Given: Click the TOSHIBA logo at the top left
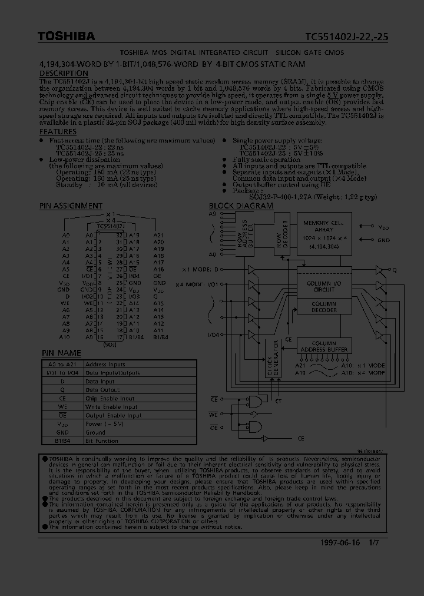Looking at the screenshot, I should [x=66, y=37].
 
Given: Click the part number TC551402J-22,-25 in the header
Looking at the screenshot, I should [x=347, y=37].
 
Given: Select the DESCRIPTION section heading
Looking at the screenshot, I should [x=64, y=73].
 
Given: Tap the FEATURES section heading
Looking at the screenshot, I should [x=58, y=132].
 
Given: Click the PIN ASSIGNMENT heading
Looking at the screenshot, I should [x=71, y=206].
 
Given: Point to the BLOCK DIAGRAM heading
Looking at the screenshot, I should [x=241, y=206].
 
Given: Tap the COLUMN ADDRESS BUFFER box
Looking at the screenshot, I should [x=324, y=346].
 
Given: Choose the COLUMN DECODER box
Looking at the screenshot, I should [x=324, y=307].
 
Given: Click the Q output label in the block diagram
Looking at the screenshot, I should [x=394, y=269].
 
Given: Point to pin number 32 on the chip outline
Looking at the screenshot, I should [x=120, y=234].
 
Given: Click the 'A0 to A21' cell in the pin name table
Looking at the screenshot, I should [x=62, y=365].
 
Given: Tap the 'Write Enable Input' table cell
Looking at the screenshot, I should [x=111, y=406].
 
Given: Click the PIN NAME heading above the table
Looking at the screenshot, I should [x=61, y=353].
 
